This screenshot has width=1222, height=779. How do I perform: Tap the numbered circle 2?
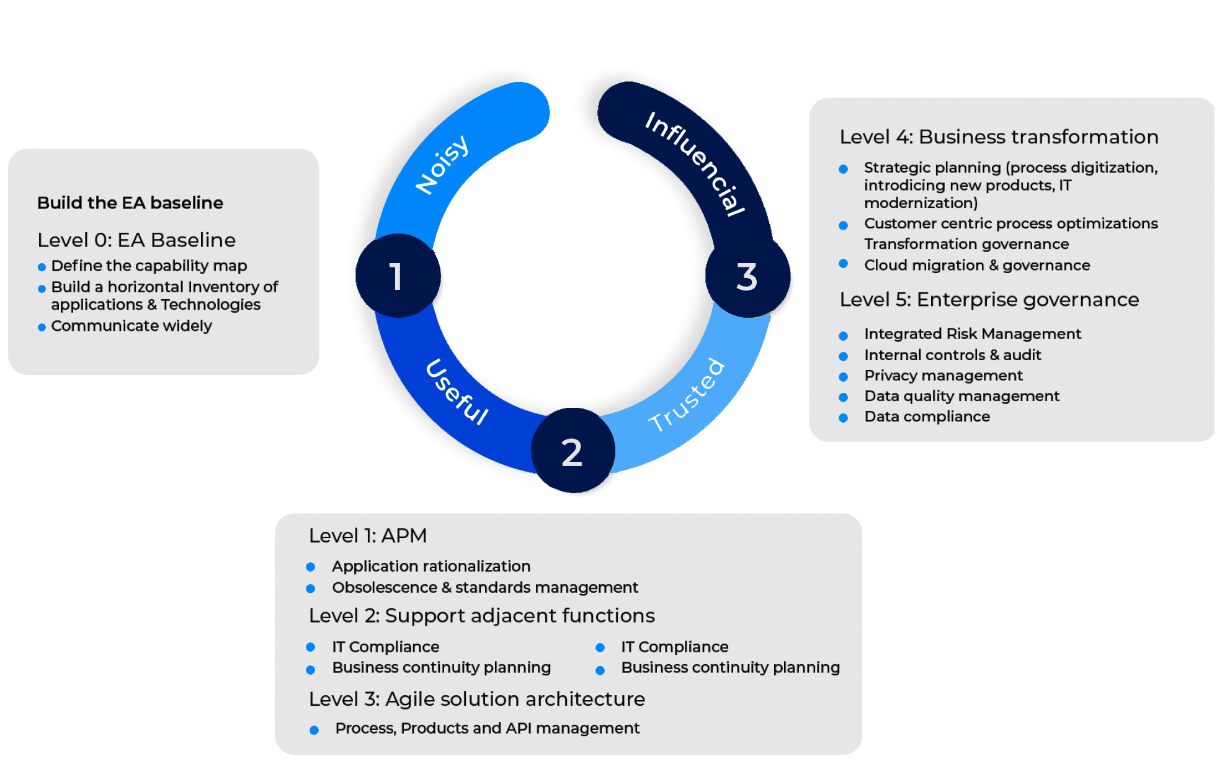coord(572,451)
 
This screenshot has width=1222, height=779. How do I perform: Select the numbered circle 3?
coord(747,276)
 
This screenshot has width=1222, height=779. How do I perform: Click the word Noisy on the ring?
coord(442,164)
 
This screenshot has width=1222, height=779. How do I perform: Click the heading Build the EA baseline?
coord(130,203)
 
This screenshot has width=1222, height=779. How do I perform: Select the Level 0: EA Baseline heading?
coord(136,240)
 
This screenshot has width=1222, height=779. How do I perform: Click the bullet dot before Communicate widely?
coord(42,327)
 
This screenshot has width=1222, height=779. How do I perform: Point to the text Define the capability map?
coord(149,266)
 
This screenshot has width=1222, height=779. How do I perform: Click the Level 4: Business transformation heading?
coord(999,137)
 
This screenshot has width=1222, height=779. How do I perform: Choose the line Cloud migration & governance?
coord(977,266)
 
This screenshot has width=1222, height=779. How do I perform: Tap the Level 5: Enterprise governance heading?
coord(989,300)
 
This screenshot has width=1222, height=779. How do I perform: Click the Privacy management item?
coord(943,376)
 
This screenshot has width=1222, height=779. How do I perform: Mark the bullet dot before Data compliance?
coord(843,418)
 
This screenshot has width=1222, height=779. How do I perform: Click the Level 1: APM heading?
coord(367,536)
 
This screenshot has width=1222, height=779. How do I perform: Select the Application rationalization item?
coord(431,566)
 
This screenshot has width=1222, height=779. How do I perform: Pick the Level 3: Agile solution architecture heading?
coord(476,699)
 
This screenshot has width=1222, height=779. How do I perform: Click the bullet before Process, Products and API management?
coord(314,730)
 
